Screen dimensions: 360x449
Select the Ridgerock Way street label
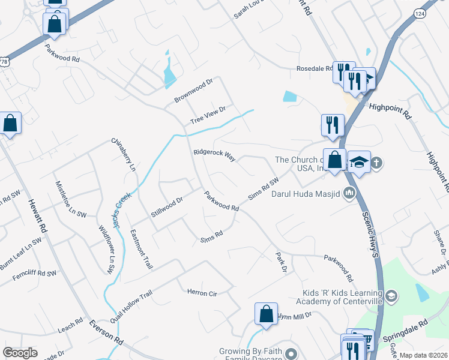pos(214,155)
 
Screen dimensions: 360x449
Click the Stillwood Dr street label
pos(167,202)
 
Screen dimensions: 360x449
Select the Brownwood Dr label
pos(193,90)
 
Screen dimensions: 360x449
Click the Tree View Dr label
pos(208,115)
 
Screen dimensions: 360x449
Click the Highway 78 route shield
pos(5,61)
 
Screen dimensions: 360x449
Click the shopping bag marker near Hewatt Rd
pos(11,124)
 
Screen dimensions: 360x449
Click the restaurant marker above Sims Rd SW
pos(332,125)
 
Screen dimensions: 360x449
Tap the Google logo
pos(20,353)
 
